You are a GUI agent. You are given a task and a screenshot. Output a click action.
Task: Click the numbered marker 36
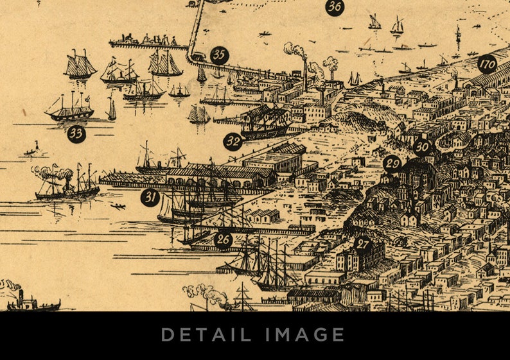(334, 8)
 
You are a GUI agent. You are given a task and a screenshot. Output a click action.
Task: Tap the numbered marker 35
(220, 55)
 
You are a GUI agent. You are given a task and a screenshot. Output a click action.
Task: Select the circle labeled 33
(76, 133)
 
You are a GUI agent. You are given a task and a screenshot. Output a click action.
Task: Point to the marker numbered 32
(233, 141)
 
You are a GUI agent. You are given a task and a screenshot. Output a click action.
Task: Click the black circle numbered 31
(150, 197)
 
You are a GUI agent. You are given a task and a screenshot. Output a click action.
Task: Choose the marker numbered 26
(223, 240)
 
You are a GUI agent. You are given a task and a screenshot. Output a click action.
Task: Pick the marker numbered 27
(363, 244)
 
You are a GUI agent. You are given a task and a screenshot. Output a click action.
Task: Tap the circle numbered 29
(392, 163)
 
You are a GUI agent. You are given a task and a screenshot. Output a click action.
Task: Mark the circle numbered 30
(421, 147)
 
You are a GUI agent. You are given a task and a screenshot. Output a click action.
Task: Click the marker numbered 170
(488, 64)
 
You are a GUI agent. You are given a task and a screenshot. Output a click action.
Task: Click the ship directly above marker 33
(70, 109)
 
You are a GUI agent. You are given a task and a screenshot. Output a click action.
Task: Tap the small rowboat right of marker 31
(118, 207)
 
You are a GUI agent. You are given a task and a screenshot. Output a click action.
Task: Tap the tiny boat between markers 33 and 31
(31, 151)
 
